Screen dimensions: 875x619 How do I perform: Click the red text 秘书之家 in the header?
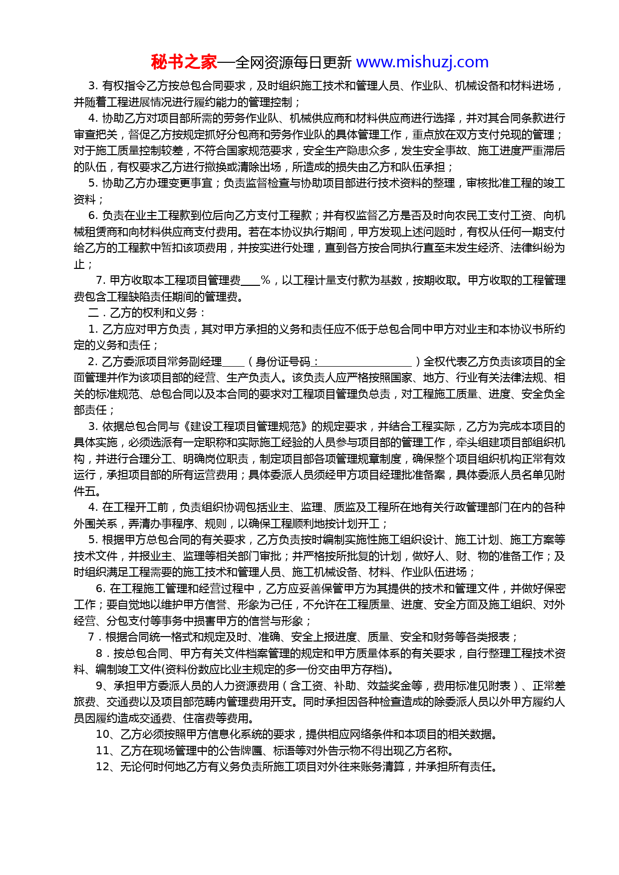click(184, 62)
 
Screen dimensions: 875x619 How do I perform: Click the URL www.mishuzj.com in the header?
click(422, 62)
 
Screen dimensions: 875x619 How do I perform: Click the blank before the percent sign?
click(251, 281)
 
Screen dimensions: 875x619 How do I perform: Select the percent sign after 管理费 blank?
click(266, 280)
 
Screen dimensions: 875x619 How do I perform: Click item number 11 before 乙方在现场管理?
click(102, 751)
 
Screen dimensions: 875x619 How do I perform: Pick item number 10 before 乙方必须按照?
click(102, 734)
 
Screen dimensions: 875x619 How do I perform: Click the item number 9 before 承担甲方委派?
click(99, 686)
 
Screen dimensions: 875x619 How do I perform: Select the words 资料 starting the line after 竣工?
click(85, 200)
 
